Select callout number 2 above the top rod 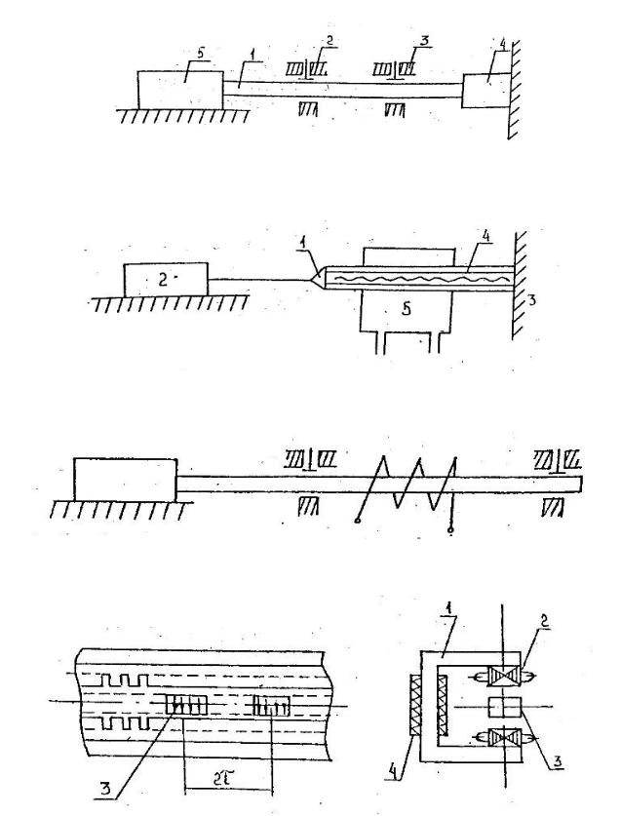(x=329, y=40)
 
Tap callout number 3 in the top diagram (x=424, y=41)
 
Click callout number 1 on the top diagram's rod (x=252, y=54)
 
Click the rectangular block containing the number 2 (x=166, y=280)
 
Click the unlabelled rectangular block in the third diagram (x=125, y=480)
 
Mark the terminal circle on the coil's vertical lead (x=450, y=531)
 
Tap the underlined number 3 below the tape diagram (x=105, y=789)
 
